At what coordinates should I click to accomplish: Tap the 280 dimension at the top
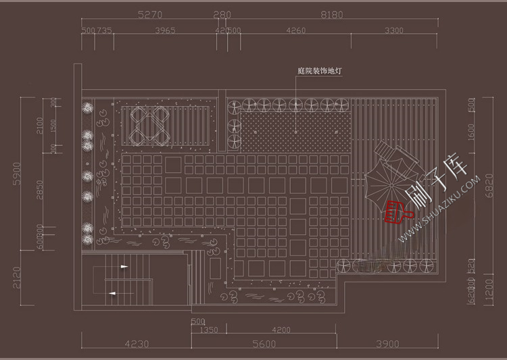coord(222,14)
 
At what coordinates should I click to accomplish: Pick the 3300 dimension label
coord(394,30)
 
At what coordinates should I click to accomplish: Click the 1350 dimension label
coord(210,330)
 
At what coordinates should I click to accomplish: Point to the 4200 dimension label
coord(281,330)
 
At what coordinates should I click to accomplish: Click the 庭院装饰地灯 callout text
coord(320,70)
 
